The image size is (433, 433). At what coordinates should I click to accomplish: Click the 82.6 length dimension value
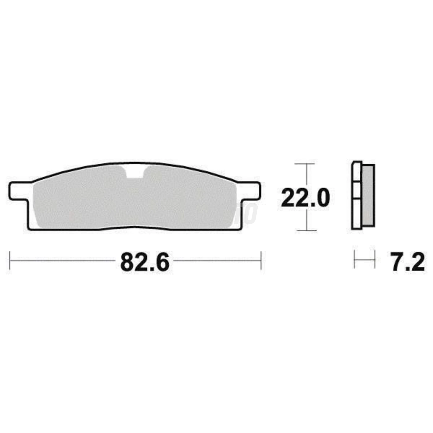point(145,262)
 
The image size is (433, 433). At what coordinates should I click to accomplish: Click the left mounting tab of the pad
point(19,191)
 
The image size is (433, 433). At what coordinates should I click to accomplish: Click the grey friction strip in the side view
point(368,195)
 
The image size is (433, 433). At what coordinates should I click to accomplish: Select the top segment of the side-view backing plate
point(357,172)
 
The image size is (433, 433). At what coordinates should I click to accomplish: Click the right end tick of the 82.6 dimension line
point(261,260)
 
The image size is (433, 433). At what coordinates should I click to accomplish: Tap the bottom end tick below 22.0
point(306,230)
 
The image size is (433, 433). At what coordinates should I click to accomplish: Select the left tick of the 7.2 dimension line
point(354,259)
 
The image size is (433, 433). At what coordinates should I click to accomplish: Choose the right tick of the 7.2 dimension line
point(375,259)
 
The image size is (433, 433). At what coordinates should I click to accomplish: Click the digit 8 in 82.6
point(127,262)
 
